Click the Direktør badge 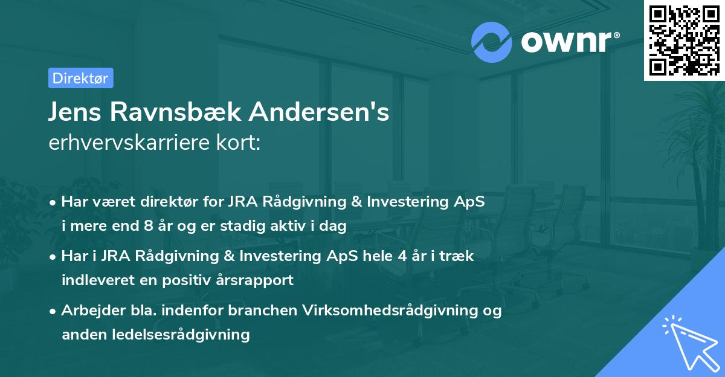[x=80, y=78]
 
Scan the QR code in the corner [x=684, y=40]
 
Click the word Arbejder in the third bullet [x=90, y=311]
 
